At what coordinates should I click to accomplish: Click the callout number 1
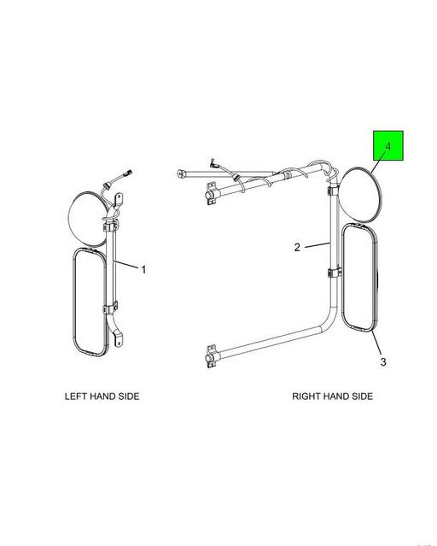click(143, 269)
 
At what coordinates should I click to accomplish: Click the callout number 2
click(297, 247)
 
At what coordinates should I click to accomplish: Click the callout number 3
click(383, 361)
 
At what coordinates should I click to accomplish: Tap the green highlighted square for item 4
click(388, 145)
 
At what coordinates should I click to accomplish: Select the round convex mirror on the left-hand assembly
click(88, 220)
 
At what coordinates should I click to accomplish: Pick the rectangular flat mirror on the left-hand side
click(90, 302)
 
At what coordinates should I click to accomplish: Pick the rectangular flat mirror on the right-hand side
click(359, 278)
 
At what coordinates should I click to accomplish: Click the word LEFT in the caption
click(76, 396)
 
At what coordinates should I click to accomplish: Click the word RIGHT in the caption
click(306, 396)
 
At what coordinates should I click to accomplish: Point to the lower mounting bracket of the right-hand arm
click(211, 356)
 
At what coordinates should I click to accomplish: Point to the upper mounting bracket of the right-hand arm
click(210, 193)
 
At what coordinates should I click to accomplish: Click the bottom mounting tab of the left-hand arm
click(119, 339)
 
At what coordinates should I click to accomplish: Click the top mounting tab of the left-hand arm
click(119, 201)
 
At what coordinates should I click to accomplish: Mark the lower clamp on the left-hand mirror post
click(110, 308)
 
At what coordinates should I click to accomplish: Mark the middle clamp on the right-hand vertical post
click(334, 273)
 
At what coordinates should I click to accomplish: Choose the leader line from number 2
click(318, 245)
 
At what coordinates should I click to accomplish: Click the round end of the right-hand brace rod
click(180, 173)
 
